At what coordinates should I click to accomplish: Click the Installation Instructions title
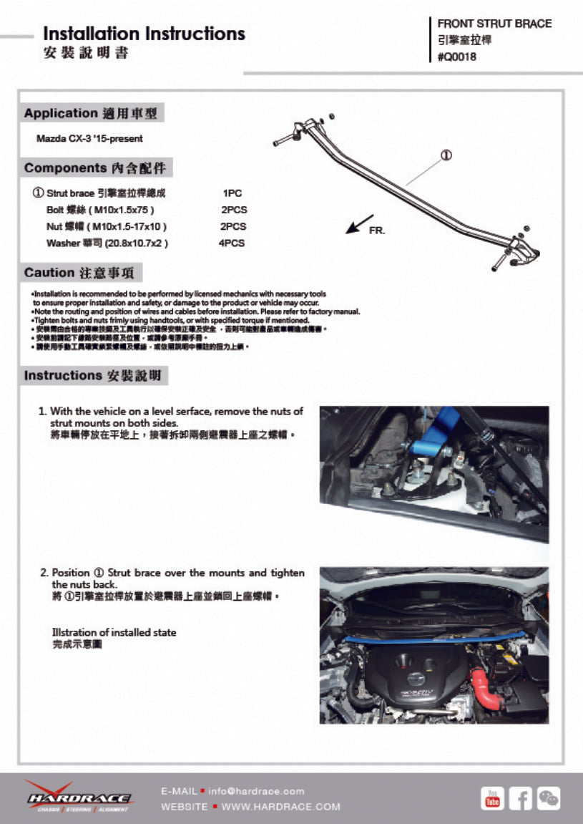point(144,34)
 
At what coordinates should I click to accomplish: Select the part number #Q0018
point(456,57)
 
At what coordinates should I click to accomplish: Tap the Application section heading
point(92,113)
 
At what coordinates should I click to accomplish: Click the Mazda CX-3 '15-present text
point(89,138)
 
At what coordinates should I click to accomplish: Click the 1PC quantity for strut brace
point(232,193)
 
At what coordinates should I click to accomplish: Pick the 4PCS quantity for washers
point(232,243)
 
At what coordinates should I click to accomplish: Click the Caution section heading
point(82,273)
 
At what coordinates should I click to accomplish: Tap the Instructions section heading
point(92,375)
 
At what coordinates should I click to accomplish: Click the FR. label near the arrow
point(376,231)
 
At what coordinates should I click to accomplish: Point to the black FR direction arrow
point(359,224)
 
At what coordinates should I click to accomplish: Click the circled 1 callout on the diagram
point(445,155)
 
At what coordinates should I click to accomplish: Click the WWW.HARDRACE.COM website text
point(280,806)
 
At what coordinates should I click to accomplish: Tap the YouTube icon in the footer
point(492,798)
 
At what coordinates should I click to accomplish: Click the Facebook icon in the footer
point(521,798)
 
